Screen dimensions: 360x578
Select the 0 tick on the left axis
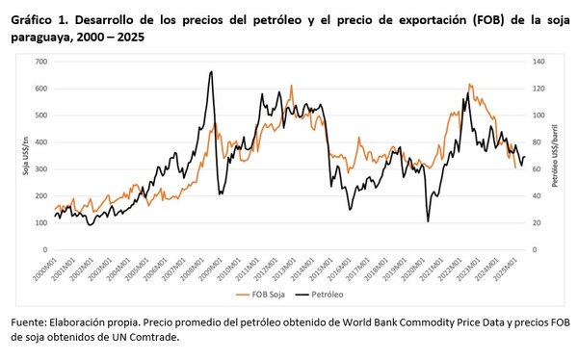44,249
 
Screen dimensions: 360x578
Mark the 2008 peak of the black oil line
211,71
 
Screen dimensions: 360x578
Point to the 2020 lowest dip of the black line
428,221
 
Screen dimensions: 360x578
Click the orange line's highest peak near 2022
469,85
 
